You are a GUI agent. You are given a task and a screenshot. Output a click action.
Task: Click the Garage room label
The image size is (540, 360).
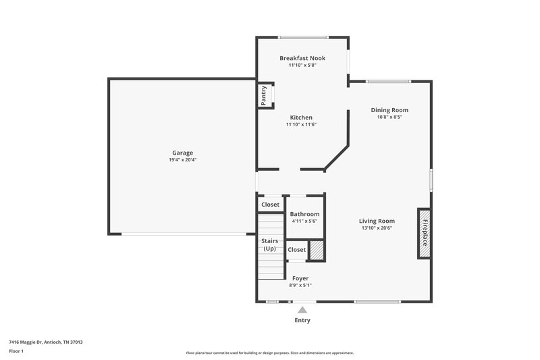coord(182,153)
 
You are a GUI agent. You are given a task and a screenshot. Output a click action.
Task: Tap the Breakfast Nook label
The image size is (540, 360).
coord(302,58)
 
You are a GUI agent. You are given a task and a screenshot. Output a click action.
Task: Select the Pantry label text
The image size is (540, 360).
coord(264,95)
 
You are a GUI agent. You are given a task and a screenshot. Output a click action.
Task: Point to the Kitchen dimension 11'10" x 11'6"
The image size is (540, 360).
coord(301,124)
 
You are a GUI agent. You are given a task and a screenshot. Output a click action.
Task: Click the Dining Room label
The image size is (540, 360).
coord(389,109)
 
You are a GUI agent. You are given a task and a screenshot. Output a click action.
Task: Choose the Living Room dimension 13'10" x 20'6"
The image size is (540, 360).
coord(377,228)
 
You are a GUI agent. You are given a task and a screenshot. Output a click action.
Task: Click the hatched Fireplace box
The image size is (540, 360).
coord(425,233)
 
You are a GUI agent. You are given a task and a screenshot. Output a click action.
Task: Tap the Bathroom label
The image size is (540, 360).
coord(304,214)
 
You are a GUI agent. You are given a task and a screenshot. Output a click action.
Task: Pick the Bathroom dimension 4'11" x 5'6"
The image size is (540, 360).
coord(304,222)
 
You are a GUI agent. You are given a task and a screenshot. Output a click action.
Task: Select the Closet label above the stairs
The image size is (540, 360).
coord(270,205)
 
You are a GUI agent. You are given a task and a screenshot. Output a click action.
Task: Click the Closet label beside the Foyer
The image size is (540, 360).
coord(296,250)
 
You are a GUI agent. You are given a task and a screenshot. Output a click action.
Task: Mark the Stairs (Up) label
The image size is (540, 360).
coord(269,245)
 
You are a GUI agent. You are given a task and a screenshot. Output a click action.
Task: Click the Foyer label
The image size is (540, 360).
coord(300,278)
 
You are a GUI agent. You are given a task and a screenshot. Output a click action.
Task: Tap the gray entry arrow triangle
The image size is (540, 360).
coord(302,309)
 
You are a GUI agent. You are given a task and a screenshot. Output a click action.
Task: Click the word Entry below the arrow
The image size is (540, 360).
coord(302,320)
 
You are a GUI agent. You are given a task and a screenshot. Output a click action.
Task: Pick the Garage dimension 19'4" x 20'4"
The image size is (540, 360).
coord(182,161)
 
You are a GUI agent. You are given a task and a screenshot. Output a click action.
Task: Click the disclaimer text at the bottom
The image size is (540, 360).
coord(269,353)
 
